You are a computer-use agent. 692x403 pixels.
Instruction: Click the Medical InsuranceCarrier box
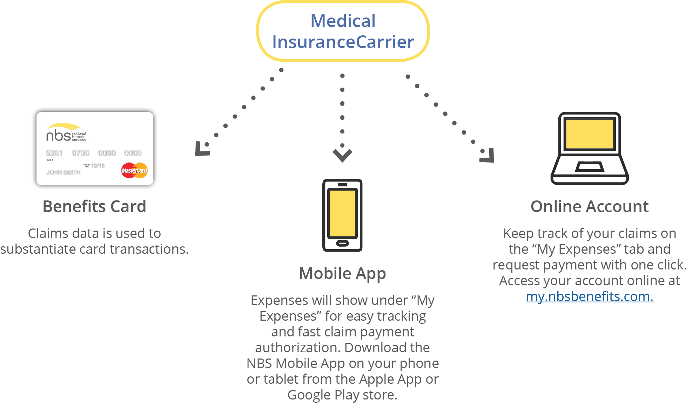tap(343, 32)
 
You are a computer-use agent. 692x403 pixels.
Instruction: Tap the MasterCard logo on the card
tap(134, 171)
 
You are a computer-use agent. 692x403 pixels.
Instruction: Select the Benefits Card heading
tap(94, 206)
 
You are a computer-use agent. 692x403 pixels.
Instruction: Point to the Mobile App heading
tap(342, 273)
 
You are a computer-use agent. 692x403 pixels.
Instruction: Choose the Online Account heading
tap(589, 206)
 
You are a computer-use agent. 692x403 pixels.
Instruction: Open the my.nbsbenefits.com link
tap(589, 296)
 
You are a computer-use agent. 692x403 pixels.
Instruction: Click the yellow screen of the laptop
tap(589, 134)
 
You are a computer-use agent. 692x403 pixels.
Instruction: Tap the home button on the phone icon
tap(342, 243)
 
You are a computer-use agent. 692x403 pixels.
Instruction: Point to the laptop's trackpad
tap(589, 166)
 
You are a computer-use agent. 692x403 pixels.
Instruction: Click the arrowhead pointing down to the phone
tap(342, 155)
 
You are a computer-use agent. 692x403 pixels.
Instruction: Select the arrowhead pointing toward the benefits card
tap(202, 149)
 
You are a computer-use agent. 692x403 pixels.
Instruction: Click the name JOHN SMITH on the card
tap(63, 172)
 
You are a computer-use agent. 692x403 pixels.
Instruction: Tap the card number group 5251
tap(54, 153)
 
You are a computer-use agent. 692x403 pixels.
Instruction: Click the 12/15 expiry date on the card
tap(98, 165)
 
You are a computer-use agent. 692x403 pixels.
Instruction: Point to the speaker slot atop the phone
tap(342, 185)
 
